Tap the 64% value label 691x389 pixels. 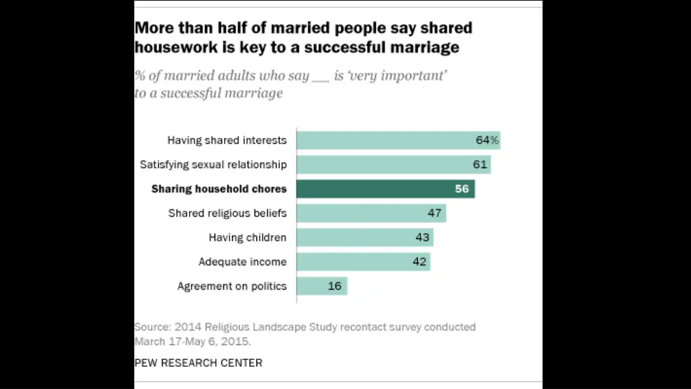(x=487, y=140)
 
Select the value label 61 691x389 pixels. (x=480, y=165)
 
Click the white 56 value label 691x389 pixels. (x=462, y=189)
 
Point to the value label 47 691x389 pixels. (x=435, y=213)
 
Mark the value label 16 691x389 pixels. (x=335, y=286)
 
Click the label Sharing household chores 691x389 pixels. (x=219, y=189)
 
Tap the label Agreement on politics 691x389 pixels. (x=231, y=286)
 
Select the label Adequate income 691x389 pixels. (x=242, y=262)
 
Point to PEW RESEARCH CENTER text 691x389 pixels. (x=198, y=363)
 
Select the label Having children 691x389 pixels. (x=247, y=238)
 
